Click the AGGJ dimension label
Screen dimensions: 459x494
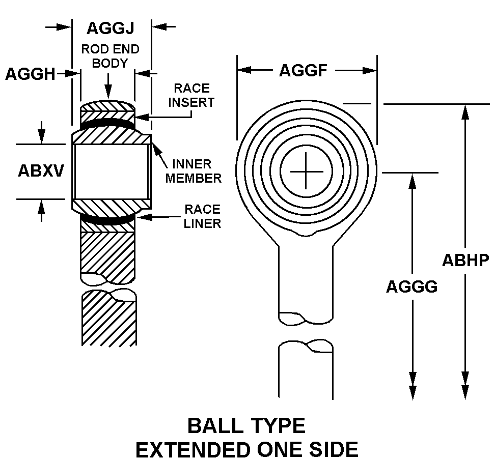click(x=111, y=28)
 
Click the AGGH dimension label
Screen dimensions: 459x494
click(x=30, y=74)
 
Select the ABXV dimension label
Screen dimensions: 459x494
click(x=41, y=170)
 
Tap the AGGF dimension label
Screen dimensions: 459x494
click(x=303, y=71)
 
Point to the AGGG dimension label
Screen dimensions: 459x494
click(x=411, y=286)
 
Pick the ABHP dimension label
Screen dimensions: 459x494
click(x=465, y=260)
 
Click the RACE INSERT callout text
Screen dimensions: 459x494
click(x=191, y=95)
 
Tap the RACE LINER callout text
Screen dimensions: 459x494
click(x=202, y=216)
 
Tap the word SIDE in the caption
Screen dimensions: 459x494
click(x=334, y=449)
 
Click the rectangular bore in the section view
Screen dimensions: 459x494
click(x=112, y=171)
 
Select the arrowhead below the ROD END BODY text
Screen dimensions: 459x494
click(x=108, y=93)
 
